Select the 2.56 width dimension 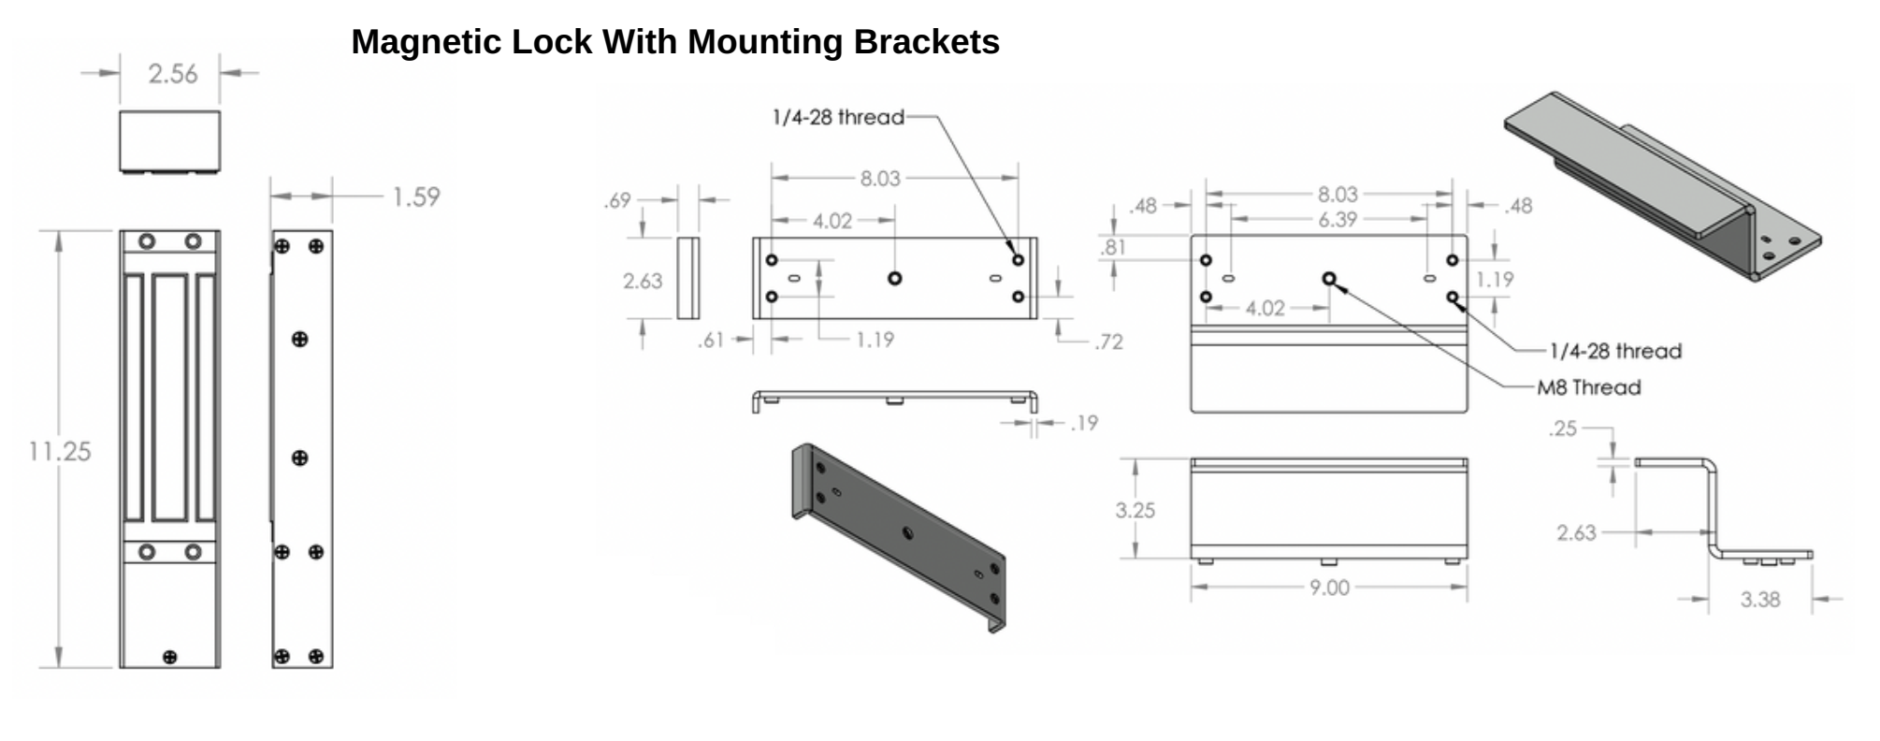point(173,74)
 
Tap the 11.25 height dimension point(60,451)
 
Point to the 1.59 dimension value point(415,197)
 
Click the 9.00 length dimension point(1329,588)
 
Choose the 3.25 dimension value point(1135,510)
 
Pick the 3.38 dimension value point(1759,600)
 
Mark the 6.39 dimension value point(1338,219)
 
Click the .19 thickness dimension point(1083,424)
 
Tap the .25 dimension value point(1562,429)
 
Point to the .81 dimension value point(1112,247)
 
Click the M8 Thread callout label point(1589,387)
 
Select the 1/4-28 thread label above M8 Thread point(1615,351)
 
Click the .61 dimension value point(711,340)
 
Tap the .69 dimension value point(617,200)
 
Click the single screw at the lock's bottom point(169,657)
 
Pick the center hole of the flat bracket point(895,278)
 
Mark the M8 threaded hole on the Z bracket point(1329,278)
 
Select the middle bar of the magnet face point(169,397)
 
